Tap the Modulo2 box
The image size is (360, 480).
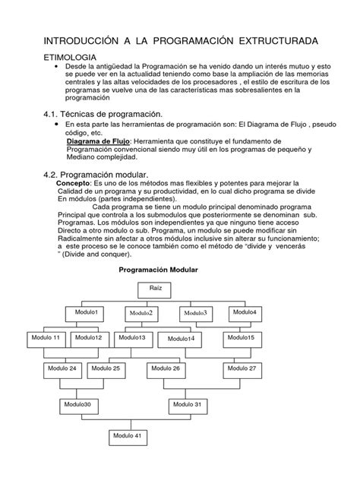tap(141, 314)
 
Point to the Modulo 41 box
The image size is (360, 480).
tap(126, 437)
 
